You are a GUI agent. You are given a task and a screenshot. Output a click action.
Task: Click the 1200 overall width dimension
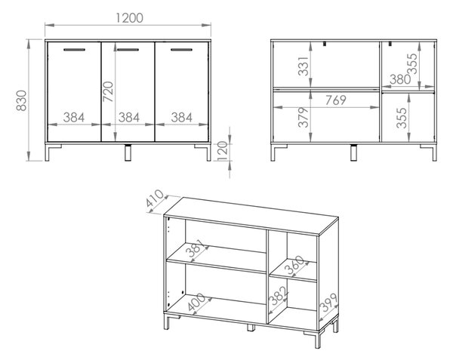129,18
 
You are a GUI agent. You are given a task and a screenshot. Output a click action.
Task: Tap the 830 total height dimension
21,100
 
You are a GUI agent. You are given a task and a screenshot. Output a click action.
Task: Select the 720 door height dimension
109,91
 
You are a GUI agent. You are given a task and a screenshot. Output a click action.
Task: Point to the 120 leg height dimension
222,151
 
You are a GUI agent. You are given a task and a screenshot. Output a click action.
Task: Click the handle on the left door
74,50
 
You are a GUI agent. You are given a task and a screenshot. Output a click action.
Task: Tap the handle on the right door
181,50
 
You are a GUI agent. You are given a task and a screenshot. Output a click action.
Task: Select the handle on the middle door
128,50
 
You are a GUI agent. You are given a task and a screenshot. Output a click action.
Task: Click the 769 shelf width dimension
336,100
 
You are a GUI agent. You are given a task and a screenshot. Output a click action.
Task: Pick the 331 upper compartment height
304,66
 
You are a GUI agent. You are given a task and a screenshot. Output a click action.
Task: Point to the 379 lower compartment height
304,117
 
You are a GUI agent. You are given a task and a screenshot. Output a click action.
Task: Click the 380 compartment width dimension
400,79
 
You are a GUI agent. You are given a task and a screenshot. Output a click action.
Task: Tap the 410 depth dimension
155,198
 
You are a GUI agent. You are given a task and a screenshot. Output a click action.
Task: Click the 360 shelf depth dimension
294,265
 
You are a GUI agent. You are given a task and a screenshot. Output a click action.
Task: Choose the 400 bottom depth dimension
196,302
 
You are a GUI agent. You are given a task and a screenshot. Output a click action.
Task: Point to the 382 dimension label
278,296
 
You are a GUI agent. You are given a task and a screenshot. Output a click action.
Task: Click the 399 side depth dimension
329,303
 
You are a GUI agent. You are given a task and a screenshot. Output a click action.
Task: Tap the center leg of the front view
128,152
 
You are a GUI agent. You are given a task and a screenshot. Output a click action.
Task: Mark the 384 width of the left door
74,118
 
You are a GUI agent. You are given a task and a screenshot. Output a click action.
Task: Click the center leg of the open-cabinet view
353,152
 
